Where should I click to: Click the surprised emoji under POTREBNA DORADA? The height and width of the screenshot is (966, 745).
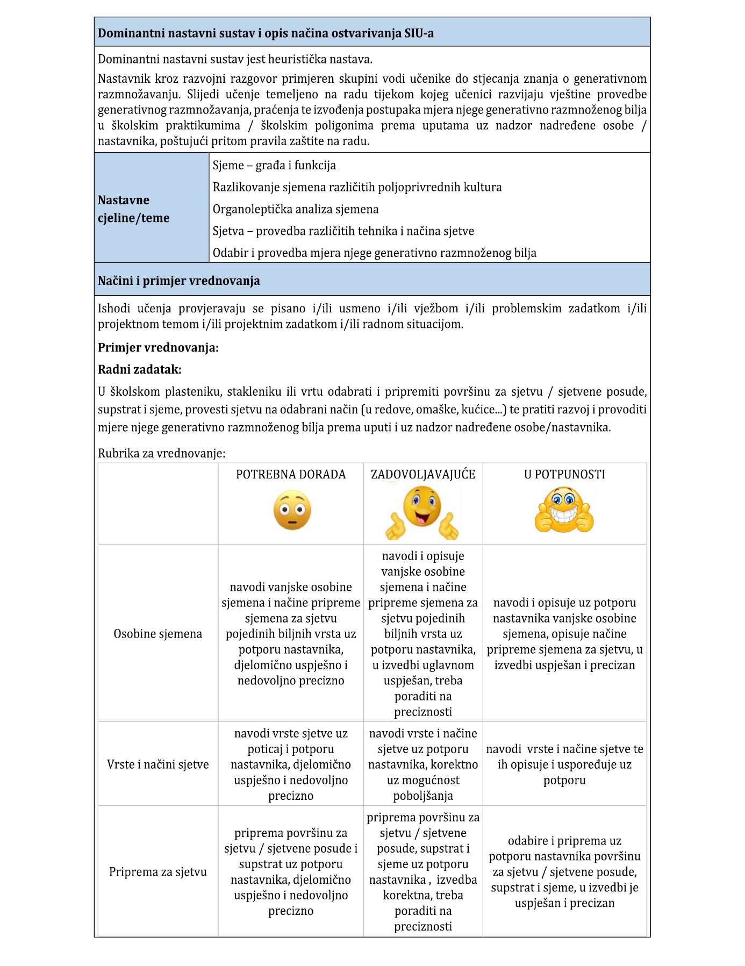point(292,510)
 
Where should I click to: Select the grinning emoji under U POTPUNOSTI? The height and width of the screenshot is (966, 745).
point(564,510)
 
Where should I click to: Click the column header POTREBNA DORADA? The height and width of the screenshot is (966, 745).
point(291,475)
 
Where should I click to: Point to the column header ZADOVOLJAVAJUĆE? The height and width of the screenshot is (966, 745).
point(423,475)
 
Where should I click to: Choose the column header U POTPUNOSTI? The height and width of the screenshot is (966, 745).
point(564,475)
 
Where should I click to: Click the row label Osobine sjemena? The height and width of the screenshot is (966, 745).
point(158,634)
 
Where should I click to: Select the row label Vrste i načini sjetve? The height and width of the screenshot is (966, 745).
point(158,764)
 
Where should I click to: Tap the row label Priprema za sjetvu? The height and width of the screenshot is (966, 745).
point(158,871)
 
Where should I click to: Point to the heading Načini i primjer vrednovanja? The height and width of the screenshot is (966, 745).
point(179,281)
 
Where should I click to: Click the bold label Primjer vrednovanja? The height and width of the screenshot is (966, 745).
point(158,348)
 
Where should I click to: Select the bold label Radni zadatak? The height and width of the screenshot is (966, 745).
point(140,370)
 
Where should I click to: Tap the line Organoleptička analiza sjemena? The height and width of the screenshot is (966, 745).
point(296,209)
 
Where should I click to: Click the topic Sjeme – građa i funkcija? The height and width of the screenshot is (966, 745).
point(274,166)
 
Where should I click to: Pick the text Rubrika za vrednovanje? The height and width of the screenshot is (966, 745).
point(162,453)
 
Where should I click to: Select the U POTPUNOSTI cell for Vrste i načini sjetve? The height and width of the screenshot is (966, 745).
point(564,764)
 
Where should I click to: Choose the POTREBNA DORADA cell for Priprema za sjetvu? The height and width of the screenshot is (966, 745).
point(291,871)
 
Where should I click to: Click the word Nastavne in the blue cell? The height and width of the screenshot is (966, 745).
point(124,200)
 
